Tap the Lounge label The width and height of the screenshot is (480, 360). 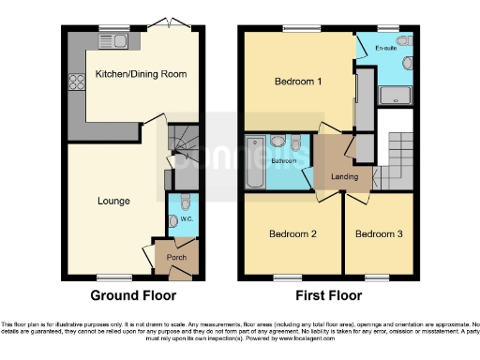click(113, 201)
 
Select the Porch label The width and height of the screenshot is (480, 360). click(175, 257)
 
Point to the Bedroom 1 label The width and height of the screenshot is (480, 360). click(298, 82)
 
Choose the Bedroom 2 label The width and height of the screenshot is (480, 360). click(292, 233)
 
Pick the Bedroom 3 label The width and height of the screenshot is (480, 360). click(378, 233)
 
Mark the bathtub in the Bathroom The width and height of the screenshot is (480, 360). click(256, 159)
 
